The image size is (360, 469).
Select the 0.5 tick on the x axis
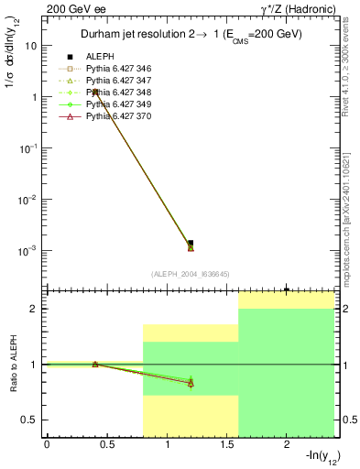click(106, 445)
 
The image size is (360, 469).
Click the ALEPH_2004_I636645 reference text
click(190, 274)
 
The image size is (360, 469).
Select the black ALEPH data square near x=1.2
click(191, 243)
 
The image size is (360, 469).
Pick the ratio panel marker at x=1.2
click(191, 383)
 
